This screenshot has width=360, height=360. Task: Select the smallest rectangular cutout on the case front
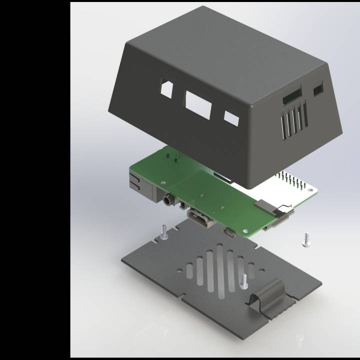[231, 118]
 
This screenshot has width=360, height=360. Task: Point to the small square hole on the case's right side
[318, 89]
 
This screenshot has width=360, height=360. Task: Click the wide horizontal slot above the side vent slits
[292, 96]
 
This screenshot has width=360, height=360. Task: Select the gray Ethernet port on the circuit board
[140, 184]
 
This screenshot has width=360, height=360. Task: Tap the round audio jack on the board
[167, 201]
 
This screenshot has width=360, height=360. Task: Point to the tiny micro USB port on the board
[229, 232]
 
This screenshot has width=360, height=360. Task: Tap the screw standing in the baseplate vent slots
[243, 281]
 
